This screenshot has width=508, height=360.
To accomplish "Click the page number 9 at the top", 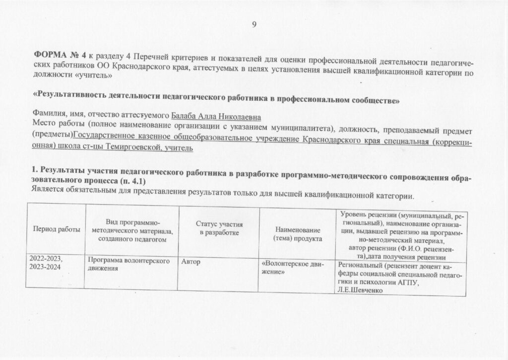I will (254, 25).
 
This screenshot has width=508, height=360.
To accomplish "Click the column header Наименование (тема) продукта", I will (297, 234).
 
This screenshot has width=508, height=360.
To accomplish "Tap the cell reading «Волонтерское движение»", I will (292, 268).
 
